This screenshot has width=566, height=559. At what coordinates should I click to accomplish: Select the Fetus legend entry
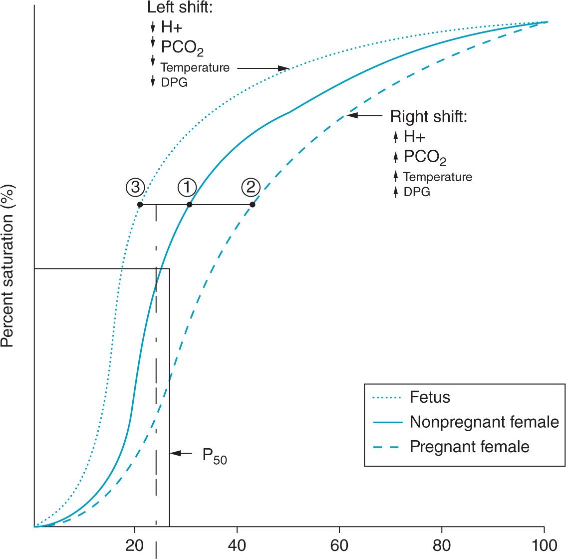pos(430,397)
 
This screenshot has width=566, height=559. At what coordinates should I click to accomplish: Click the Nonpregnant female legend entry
pos(484,422)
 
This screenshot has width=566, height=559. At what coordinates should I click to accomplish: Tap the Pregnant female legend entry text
pos(469,446)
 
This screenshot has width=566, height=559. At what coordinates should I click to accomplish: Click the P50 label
pos(214,456)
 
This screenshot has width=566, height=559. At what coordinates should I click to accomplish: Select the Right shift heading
pos(428,117)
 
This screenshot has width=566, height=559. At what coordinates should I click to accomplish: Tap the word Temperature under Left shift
pos(195,67)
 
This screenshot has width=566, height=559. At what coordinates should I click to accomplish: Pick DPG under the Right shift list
pos(417,192)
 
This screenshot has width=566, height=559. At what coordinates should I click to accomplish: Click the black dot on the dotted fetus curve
pos(140,205)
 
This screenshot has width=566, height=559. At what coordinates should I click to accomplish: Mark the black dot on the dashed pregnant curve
pos(253,205)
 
